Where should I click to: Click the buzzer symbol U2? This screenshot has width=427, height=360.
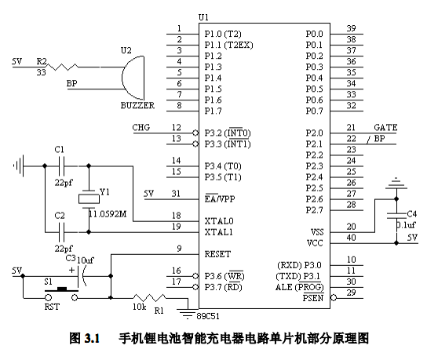tap(133, 78)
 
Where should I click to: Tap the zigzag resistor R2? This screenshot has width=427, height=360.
tap(62, 67)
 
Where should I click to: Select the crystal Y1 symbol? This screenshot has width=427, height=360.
tap(89, 199)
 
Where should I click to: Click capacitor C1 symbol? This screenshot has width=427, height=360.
tap(62, 166)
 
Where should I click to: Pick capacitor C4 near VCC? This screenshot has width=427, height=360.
tap(396, 216)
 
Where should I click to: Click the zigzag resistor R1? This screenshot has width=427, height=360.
tap(149, 298)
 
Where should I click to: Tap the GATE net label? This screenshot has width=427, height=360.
tap(385, 127)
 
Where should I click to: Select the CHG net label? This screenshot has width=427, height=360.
tap(141, 127)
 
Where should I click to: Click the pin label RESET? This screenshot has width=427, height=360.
tap(217, 254)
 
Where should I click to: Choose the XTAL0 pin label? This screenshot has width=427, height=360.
tap(219, 221)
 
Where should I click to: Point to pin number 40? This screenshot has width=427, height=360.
tap(352, 238)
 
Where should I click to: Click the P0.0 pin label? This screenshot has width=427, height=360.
tap(314, 34)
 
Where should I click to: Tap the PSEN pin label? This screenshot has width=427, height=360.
tap(313, 298)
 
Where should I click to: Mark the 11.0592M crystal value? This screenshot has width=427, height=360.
tap(108, 214)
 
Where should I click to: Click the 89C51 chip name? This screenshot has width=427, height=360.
tap(208, 316)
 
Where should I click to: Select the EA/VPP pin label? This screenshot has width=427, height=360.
tap(220, 198)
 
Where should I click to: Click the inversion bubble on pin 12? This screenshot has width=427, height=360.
tap(195, 133)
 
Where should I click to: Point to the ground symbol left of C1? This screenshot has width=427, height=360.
tap(19, 165)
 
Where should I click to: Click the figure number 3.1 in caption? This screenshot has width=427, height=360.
tap(93, 339)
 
